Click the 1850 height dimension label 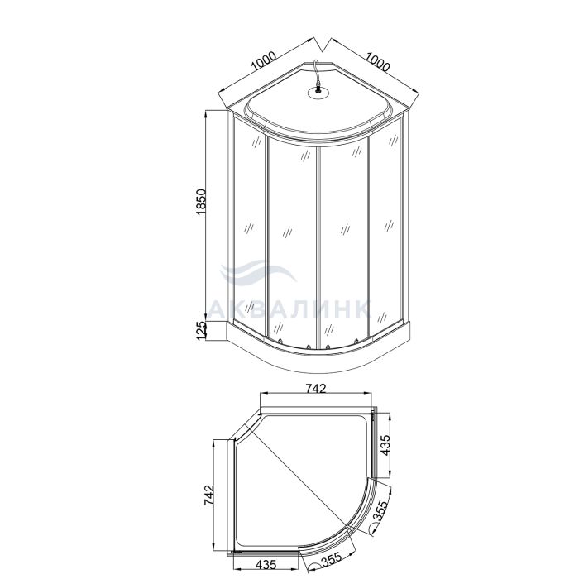click(201, 202)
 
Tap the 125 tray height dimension click(201, 331)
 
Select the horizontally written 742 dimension click(316, 389)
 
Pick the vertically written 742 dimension click(208, 495)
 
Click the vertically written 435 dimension click(385, 445)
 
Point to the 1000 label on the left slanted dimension click(263, 61)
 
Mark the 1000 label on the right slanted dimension click(377, 62)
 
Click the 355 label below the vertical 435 click(381, 511)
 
